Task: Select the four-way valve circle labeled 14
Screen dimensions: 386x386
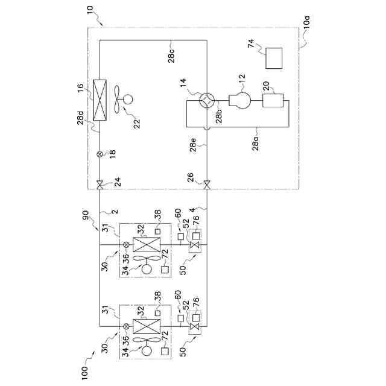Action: click(207, 101)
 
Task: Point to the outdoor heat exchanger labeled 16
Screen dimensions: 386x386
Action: click(100, 98)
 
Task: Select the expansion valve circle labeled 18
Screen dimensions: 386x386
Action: click(100, 154)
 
